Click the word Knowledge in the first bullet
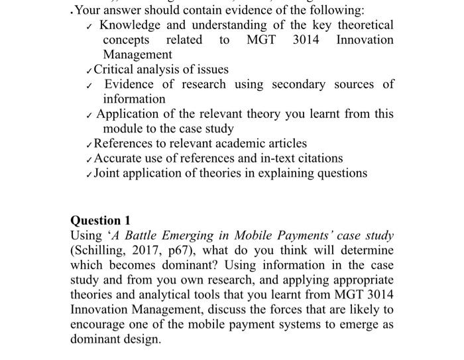tap(129, 25)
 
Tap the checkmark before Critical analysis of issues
tap(89, 70)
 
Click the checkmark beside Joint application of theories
tap(89, 174)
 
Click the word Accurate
tap(118, 158)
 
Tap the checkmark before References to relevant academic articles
tap(89, 145)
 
